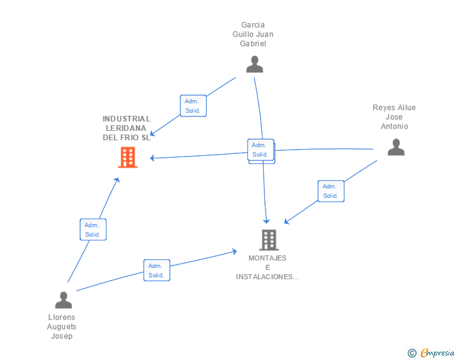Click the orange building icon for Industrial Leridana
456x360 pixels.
(128, 157)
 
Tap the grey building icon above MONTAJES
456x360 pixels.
(269, 240)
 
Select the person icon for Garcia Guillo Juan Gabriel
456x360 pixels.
(254, 64)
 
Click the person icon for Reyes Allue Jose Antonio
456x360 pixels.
(396, 147)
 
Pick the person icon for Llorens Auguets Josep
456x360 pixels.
(63, 300)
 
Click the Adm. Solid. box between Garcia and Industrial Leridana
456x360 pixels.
(193, 106)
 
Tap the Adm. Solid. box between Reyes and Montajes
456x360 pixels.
(331, 191)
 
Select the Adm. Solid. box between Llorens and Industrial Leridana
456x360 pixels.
(93, 229)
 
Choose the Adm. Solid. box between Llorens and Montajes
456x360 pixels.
(157, 270)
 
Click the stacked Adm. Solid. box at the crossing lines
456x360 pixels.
(261, 150)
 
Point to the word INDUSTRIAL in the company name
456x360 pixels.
(127, 118)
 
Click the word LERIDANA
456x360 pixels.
(126, 128)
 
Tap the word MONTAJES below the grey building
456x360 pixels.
(267, 258)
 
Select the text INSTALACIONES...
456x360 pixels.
(264, 277)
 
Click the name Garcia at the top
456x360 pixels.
(253, 25)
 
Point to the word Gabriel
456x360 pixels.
(253, 44)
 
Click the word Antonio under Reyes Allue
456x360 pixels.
(395, 126)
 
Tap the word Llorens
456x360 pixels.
(61, 317)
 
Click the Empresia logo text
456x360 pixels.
(437, 352)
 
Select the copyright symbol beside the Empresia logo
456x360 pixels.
(412, 353)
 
